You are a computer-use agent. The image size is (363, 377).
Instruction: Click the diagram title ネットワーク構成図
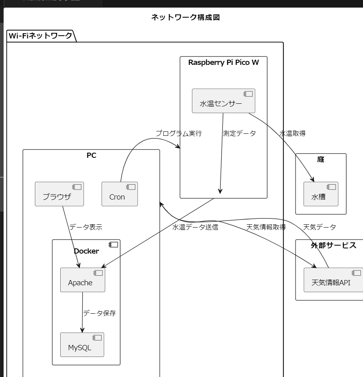tap(186, 17)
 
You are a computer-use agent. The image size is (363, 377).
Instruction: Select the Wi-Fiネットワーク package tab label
tap(41, 36)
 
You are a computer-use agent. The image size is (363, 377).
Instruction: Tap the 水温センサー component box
tap(223, 101)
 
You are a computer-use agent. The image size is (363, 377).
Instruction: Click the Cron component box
tap(120, 194)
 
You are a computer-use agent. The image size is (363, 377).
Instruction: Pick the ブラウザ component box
tap(59, 194)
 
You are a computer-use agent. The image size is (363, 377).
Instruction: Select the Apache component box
tap(83, 280)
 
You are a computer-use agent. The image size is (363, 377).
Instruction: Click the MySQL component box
tap(82, 345)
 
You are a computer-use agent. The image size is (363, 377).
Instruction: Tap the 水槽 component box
tap(321, 194)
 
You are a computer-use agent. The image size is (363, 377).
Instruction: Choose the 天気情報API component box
tap(333, 280)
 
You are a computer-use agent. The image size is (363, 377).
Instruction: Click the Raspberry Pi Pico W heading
tap(223, 62)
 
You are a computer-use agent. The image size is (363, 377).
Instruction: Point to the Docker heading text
tap(86, 251)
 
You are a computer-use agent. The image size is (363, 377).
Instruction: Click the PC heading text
tap(92, 155)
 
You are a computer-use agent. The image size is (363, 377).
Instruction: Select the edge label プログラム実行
tap(179, 133)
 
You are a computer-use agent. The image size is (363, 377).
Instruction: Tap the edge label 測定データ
tap(239, 133)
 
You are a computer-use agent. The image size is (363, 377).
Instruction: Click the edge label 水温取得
tap(292, 133)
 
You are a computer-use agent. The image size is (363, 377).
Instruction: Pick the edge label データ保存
tap(99, 313)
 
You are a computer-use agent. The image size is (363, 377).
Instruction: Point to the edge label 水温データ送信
tap(195, 227)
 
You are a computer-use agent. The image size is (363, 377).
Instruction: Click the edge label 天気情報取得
tap(266, 227)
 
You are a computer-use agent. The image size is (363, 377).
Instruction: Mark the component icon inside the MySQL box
tap(97, 338)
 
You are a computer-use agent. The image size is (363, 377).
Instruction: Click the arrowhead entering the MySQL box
tap(82, 330)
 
